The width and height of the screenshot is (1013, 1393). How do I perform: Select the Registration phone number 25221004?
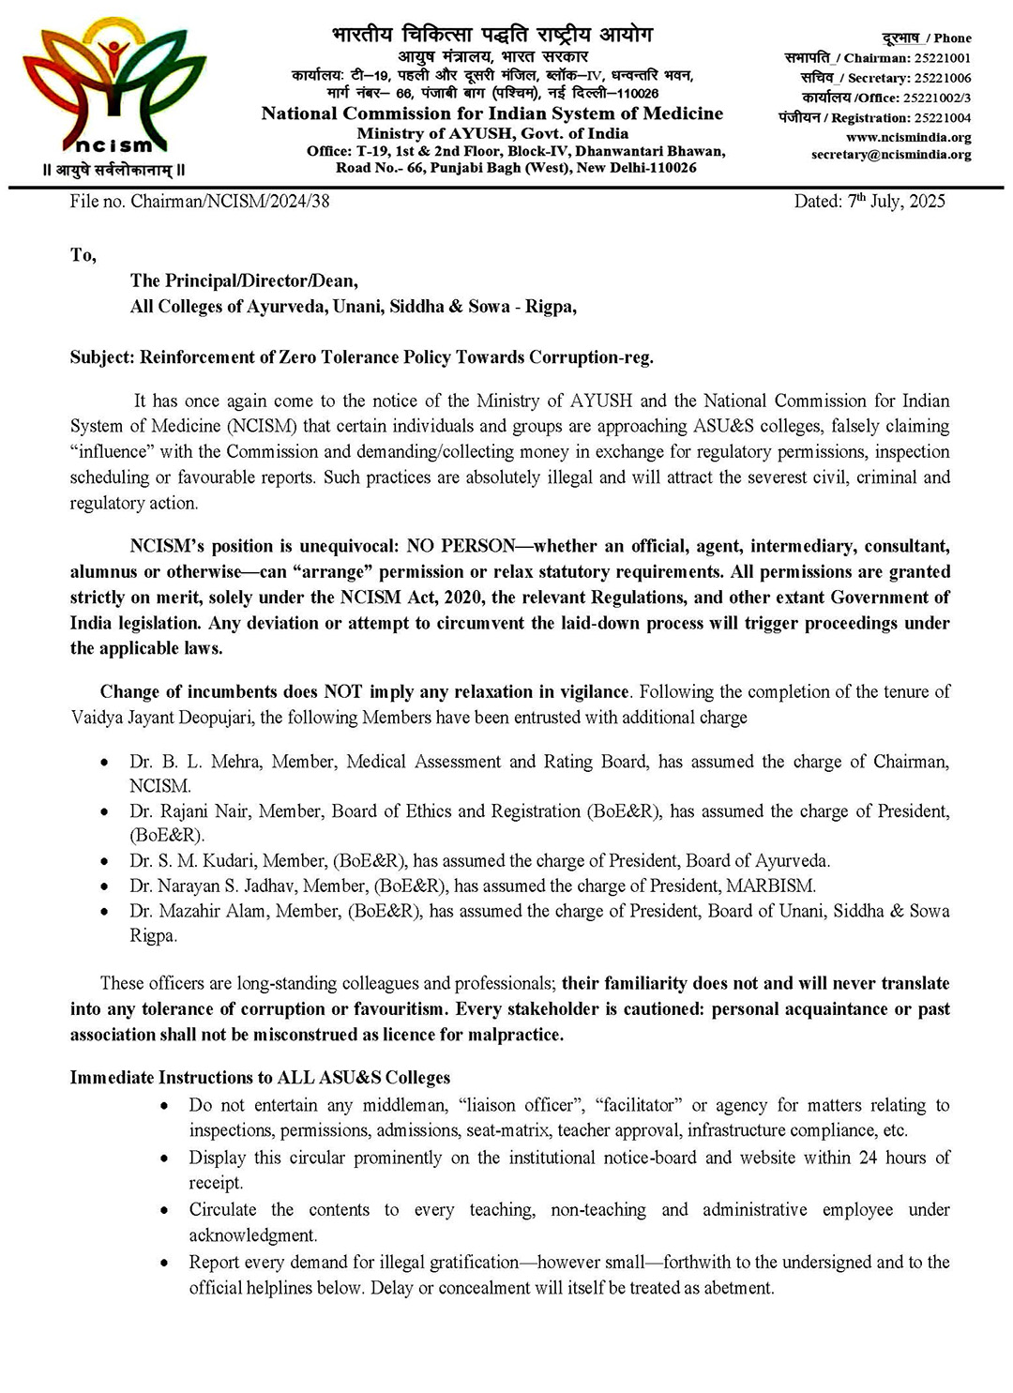942,118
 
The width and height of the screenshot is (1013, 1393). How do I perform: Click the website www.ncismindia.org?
907,137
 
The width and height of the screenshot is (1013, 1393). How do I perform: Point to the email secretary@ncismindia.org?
890,154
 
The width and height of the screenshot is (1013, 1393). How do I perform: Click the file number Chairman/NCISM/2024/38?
230,201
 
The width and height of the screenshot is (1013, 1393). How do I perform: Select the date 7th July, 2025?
897,201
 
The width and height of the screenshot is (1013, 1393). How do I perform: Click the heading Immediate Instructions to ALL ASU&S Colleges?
260,1078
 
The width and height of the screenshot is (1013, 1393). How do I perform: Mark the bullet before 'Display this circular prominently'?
165,1158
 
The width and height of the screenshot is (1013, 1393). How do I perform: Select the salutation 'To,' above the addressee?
83,255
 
